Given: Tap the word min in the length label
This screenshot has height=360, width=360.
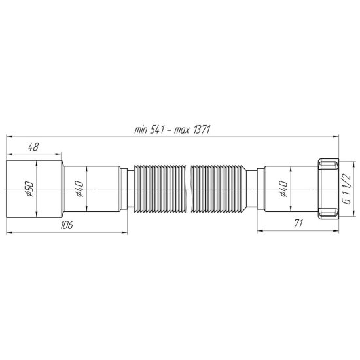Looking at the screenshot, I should pyautogui.click(x=141, y=130).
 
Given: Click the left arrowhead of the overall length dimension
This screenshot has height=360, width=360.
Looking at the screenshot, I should pyautogui.click(x=9, y=136).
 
